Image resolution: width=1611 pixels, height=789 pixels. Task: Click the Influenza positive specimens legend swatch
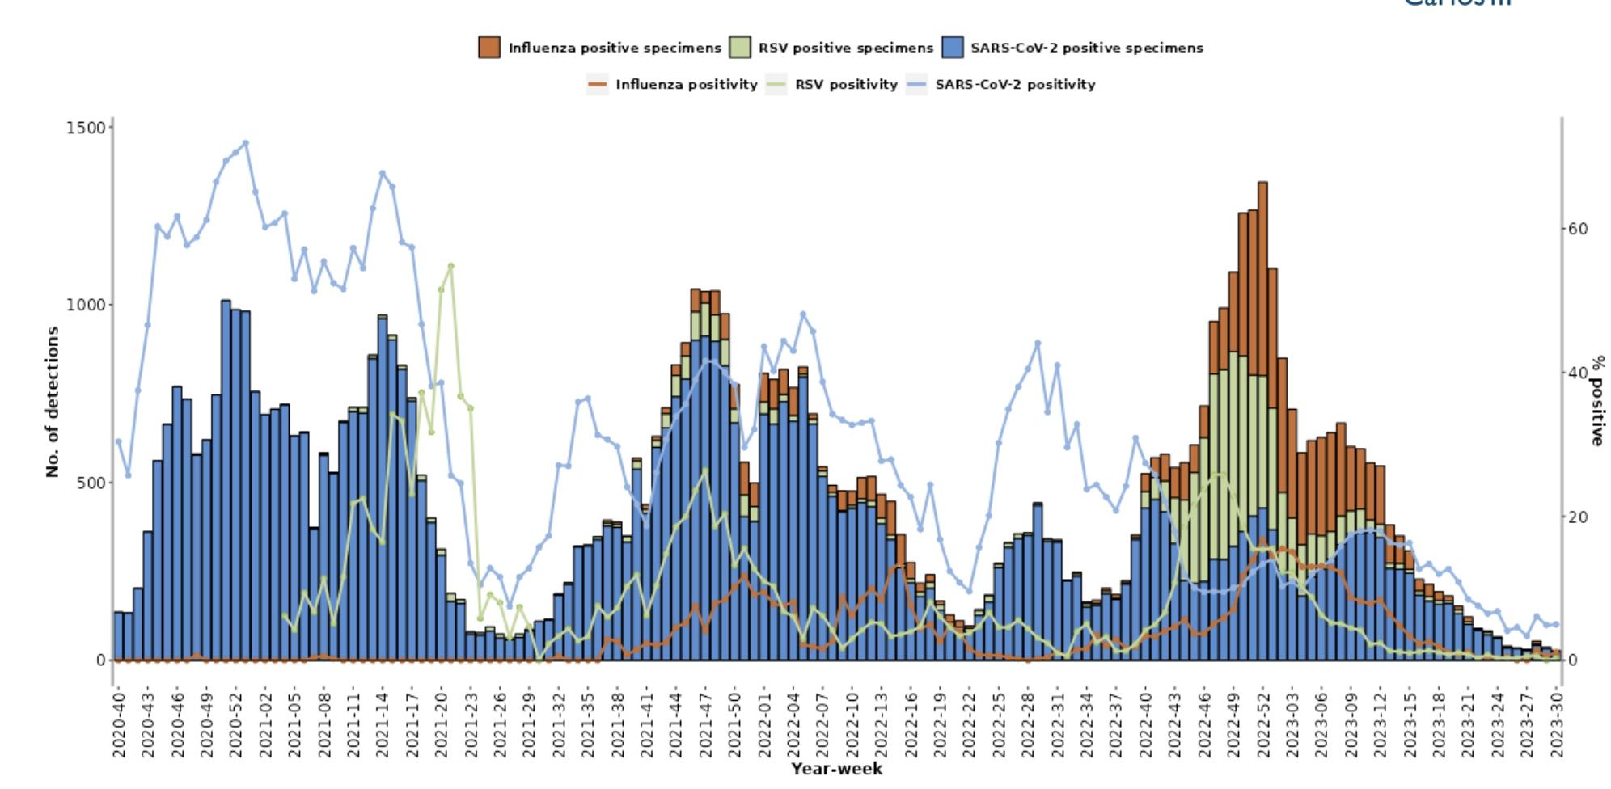click(489, 48)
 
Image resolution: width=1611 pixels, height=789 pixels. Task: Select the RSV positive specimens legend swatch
click(739, 48)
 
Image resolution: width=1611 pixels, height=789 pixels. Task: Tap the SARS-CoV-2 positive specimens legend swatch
click(953, 48)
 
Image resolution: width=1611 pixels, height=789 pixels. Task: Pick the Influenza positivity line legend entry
click(597, 84)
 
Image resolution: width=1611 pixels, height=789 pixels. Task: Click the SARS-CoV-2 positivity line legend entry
click(916, 84)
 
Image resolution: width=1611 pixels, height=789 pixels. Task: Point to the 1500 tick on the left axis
click(86, 128)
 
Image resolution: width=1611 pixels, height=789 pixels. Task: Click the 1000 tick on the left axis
click(86, 305)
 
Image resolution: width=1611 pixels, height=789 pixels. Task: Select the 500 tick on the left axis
click(90, 483)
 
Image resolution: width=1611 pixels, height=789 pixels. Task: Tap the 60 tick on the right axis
click(1578, 229)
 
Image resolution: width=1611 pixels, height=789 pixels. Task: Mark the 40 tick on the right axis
click(1578, 373)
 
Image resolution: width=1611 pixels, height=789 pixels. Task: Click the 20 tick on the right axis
click(1578, 517)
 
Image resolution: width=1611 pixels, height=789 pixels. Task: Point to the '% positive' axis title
click(1597, 401)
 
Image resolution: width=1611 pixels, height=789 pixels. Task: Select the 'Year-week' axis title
click(836, 769)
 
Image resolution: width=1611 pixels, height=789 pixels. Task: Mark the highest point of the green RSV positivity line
click(450, 265)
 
